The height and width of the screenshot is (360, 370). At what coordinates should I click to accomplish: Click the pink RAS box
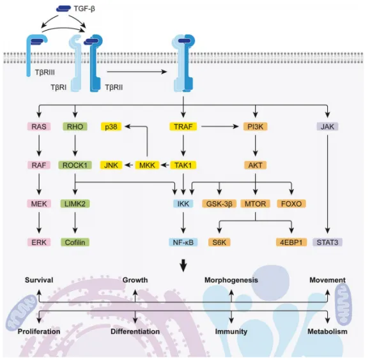[39, 126]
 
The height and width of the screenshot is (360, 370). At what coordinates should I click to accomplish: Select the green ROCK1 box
[75, 165]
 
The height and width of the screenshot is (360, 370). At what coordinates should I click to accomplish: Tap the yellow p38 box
[111, 126]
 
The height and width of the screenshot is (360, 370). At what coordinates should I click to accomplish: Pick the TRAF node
[183, 126]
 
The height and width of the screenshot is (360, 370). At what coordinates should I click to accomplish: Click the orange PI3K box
[256, 126]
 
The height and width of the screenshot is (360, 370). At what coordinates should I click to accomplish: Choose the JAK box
[327, 126]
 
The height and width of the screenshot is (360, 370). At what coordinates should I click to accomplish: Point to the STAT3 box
[327, 243]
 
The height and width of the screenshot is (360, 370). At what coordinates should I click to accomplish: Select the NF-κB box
[183, 243]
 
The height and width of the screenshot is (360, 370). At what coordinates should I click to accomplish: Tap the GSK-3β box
[219, 204]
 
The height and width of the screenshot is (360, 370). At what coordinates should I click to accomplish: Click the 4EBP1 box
[291, 243]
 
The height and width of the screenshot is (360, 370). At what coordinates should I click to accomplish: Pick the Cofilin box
[75, 243]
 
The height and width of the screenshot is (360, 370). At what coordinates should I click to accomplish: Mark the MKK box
[147, 165]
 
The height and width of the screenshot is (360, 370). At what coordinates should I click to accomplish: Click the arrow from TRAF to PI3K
[220, 126]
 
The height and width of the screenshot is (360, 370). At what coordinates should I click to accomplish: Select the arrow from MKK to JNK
[128, 165]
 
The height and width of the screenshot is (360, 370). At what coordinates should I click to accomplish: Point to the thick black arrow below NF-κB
[183, 266]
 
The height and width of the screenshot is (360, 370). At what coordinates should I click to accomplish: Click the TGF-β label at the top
[84, 9]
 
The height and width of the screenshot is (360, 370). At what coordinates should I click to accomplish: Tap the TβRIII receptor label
[45, 72]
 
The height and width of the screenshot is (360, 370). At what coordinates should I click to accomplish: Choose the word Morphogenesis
[231, 280]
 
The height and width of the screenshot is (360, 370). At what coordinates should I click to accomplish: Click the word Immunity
[231, 331]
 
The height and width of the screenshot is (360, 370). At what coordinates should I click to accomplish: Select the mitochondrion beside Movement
[343, 304]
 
